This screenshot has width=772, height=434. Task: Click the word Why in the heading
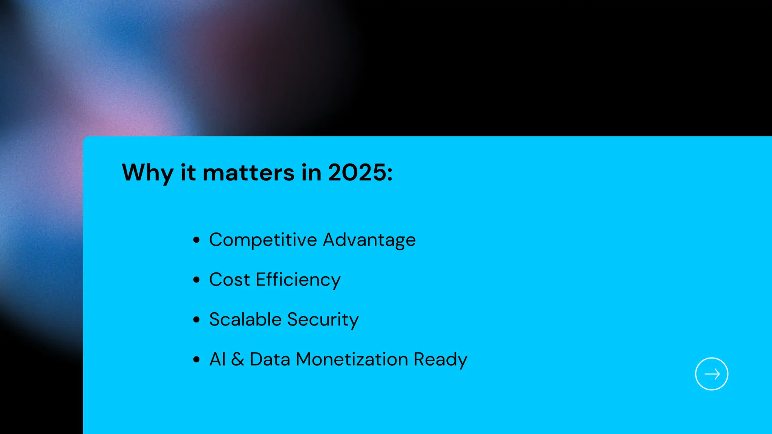tap(147, 173)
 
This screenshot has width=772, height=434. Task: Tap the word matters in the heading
tap(248, 173)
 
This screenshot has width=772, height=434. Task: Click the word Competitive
tap(263, 240)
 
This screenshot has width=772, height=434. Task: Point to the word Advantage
tap(369, 240)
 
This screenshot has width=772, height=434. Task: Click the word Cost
tap(230, 280)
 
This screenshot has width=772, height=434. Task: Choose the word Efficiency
tap(298, 280)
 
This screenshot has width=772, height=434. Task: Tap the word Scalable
tap(245, 319)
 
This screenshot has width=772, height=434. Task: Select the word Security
tap(323, 320)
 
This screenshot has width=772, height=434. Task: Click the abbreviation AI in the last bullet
tap(218, 359)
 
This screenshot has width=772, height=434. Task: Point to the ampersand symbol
tap(237, 359)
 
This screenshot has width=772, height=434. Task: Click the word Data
tap(270, 359)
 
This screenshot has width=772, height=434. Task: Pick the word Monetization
tap(352, 359)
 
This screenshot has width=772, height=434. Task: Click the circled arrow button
tap(711, 374)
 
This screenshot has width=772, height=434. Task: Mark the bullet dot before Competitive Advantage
tap(196, 240)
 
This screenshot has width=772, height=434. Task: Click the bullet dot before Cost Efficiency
tap(196, 280)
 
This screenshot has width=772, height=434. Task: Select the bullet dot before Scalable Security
tap(196, 320)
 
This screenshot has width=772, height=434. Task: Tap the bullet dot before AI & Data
tap(196, 359)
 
